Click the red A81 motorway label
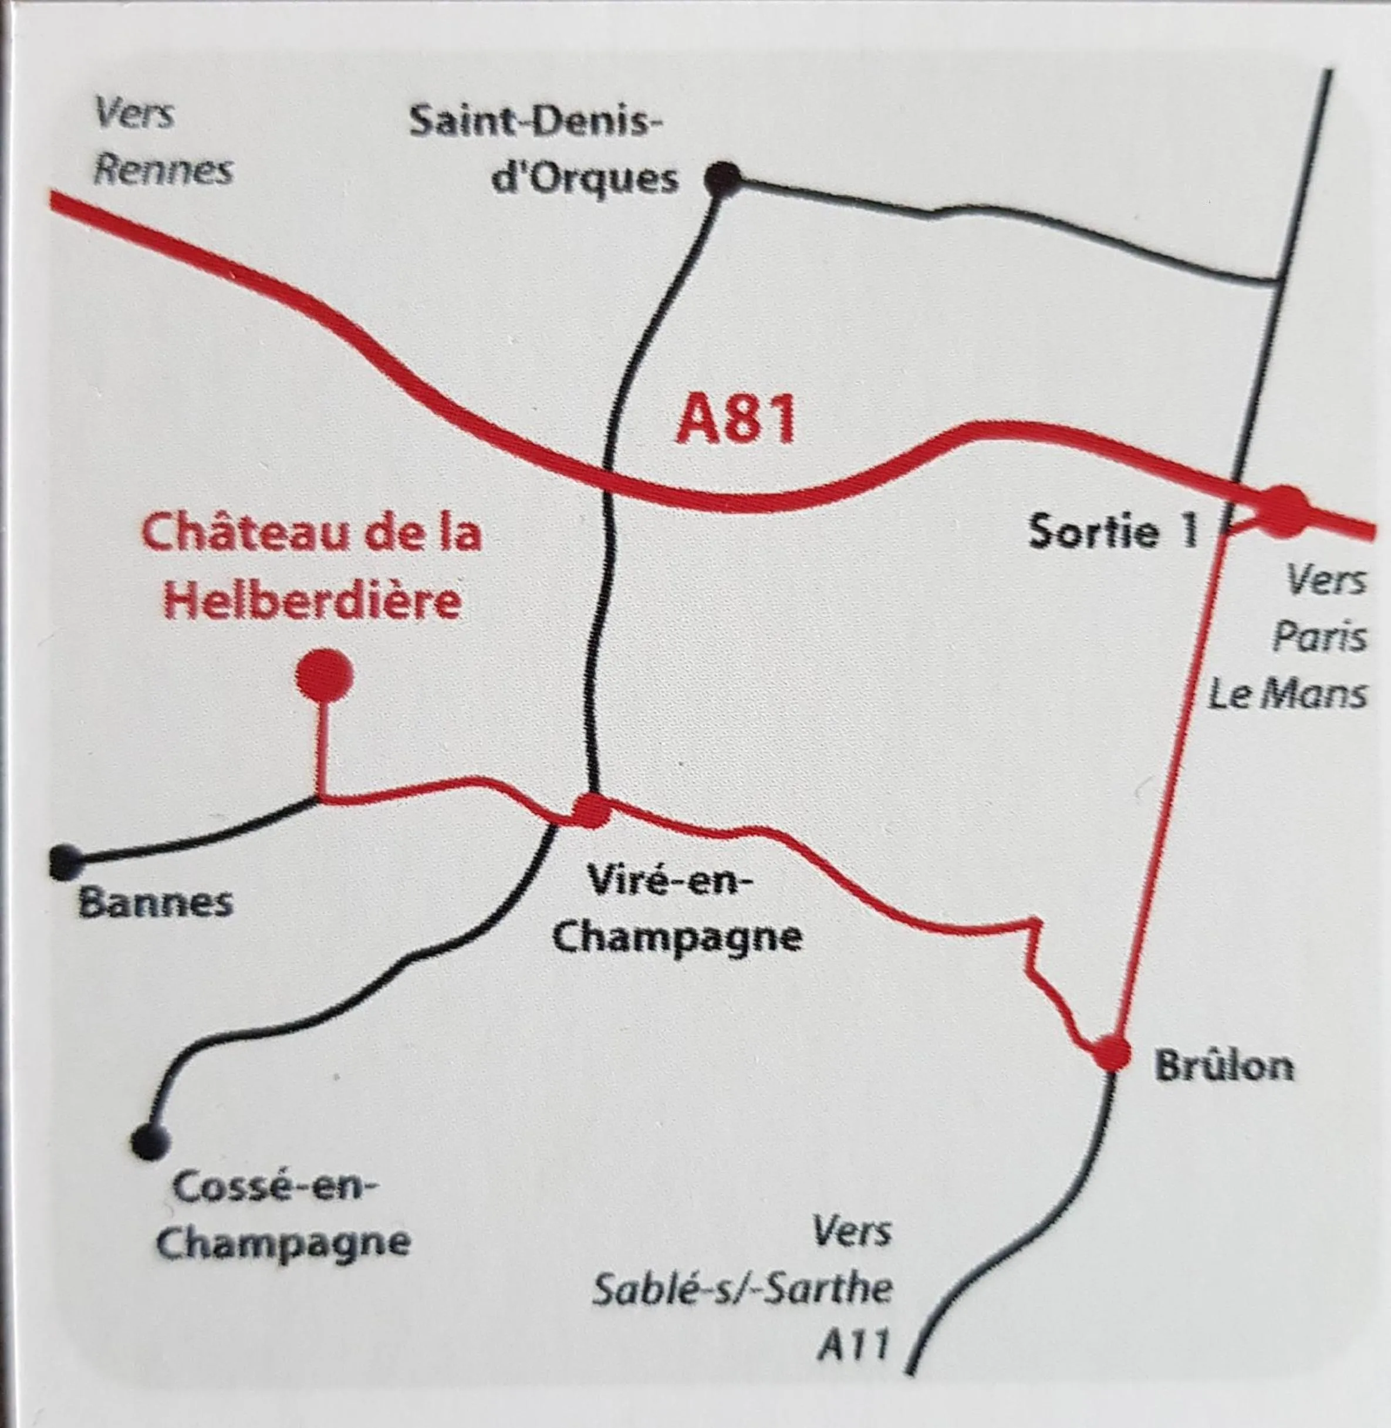pyautogui.click(x=735, y=421)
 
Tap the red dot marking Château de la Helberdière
pyautogui.click(x=325, y=676)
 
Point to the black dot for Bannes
pyautogui.click(x=66, y=862)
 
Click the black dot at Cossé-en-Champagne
pyautogui.click(x=150, y=1141)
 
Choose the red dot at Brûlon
pyautogui.click(x=1112, y=1052)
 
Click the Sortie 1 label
pyautogui.click(x=1113, y=531)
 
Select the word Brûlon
pyautogui.click(x=1224, y=1067)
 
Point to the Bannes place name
pyautogui.click(x=155, y=903)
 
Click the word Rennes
pyautogui.click(x=164, y=170)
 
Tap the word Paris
pyautogui.click(x=1319, y=637)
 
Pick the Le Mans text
pyautogui.click(x=1287, y=694)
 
